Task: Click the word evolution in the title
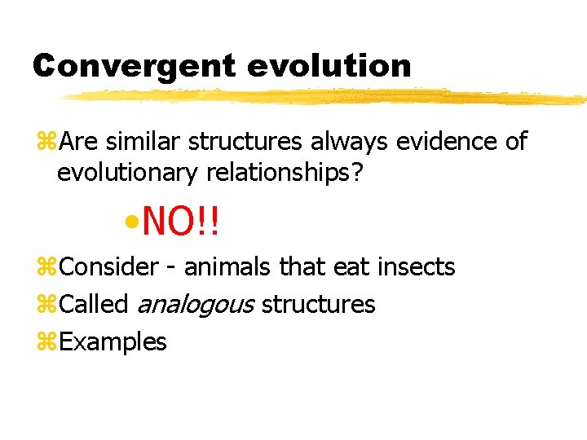click(329, 66)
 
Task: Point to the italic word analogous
click(196, 305)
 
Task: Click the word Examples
click(113, 342)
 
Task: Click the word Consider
click(109, 266)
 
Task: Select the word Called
click(95, 305)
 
